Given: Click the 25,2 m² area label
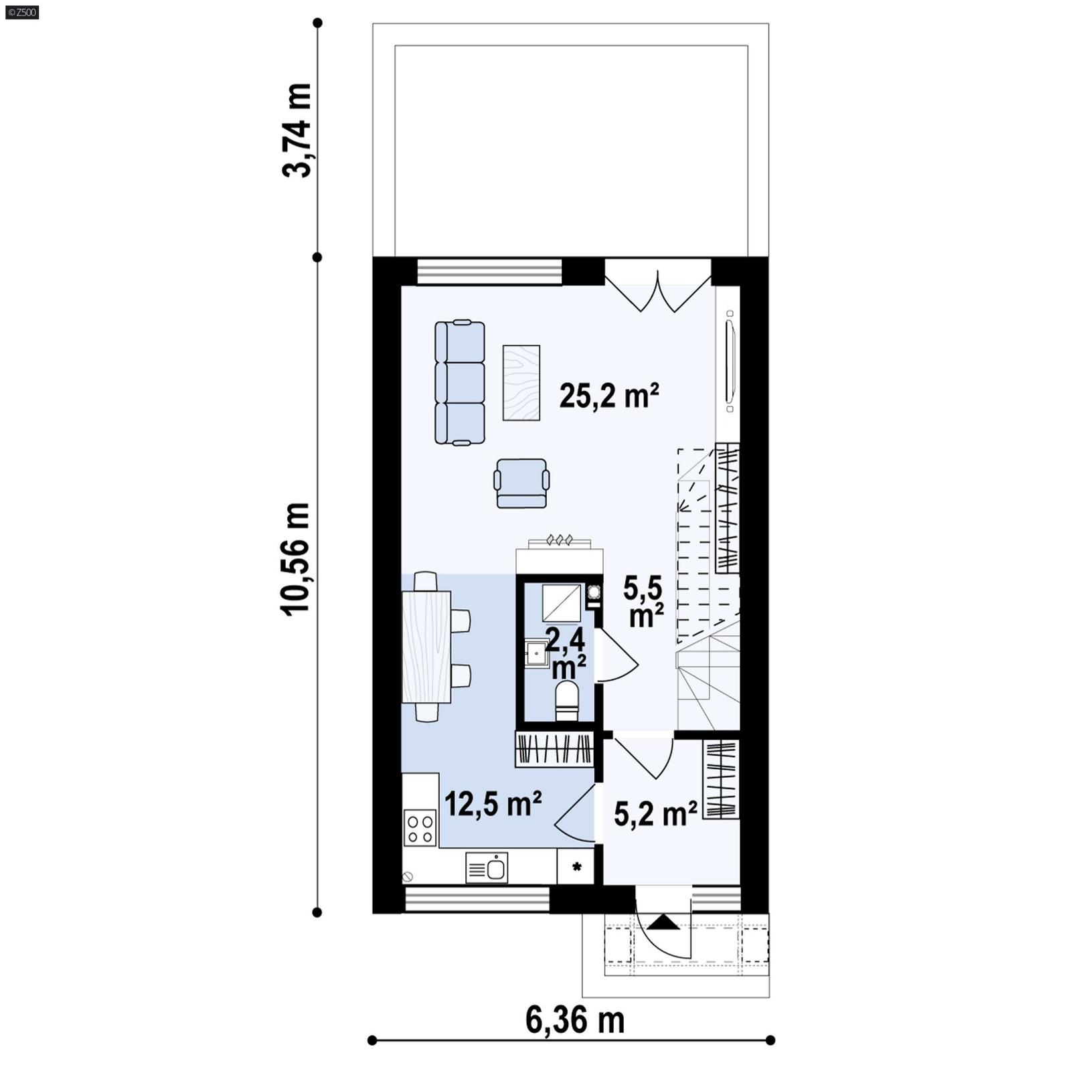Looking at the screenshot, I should coord(608,396).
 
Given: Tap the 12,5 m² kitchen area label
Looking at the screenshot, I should coord(493,803).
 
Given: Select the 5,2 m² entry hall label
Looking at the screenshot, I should coord(655,815).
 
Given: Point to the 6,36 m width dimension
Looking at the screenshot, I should coord(574,1021).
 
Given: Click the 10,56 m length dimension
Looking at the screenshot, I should coord(296,559).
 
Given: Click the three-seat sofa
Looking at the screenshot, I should coord(460,382).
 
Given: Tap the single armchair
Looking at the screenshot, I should coord(521,483).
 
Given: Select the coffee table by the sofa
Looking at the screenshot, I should coord(521,382).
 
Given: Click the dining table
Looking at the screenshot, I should coord(426,646).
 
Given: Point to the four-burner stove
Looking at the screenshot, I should coord(420,828).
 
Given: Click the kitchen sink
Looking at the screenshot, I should coord(487,868).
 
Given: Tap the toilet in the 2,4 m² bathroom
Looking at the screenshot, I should coord(566,700).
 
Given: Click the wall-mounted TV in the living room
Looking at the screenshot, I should coord(730,361).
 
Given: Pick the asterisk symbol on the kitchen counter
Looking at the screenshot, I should coord(576,867).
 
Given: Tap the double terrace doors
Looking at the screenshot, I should coord(658,288).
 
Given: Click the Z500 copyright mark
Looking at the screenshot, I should coord(21,12).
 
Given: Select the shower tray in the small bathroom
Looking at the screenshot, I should coord(561,602).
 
